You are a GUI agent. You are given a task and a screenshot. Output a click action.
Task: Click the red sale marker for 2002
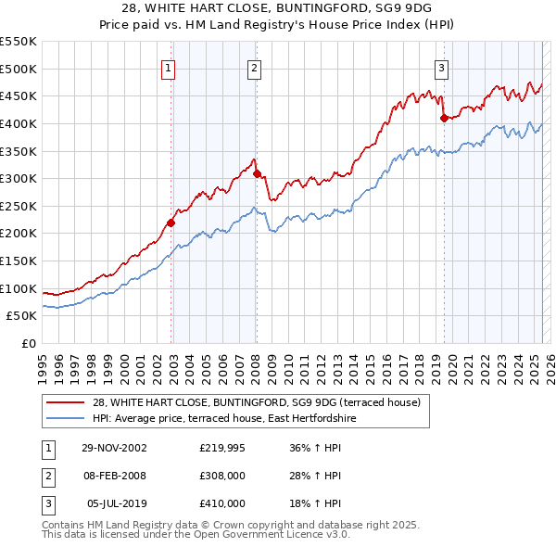(x=171, y=223)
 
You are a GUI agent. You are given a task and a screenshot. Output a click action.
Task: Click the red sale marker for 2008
(x=257, y=174)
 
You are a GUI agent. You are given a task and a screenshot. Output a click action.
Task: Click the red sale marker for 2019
(x=444, y=118)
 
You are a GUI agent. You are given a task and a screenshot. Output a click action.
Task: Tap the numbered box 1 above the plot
(x=169, y=67)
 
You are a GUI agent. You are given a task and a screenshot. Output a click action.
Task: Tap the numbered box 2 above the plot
(x=254, y=67)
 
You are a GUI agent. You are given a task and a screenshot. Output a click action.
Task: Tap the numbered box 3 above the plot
(x=441, y=67)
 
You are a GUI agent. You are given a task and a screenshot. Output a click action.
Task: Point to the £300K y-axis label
(x=19, y=178)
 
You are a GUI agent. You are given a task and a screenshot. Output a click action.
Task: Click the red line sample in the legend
(x=65, y=402)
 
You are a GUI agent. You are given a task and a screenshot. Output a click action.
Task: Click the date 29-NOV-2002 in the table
(x=114, y=448)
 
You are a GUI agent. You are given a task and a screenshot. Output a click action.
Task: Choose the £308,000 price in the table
(x=222, y=476)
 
